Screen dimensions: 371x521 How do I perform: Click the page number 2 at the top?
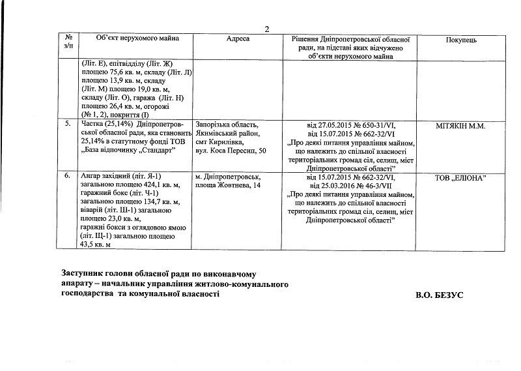[x=266, y=27]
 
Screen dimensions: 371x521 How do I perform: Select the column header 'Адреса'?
[x=238, y=40]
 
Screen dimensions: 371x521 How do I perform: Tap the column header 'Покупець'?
[x=462, y=40]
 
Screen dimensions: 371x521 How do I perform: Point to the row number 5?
[x=69, y=123]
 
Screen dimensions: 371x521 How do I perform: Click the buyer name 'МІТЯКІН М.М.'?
[x=462, y=123]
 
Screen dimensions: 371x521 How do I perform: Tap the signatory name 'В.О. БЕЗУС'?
[x=440, y=295]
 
